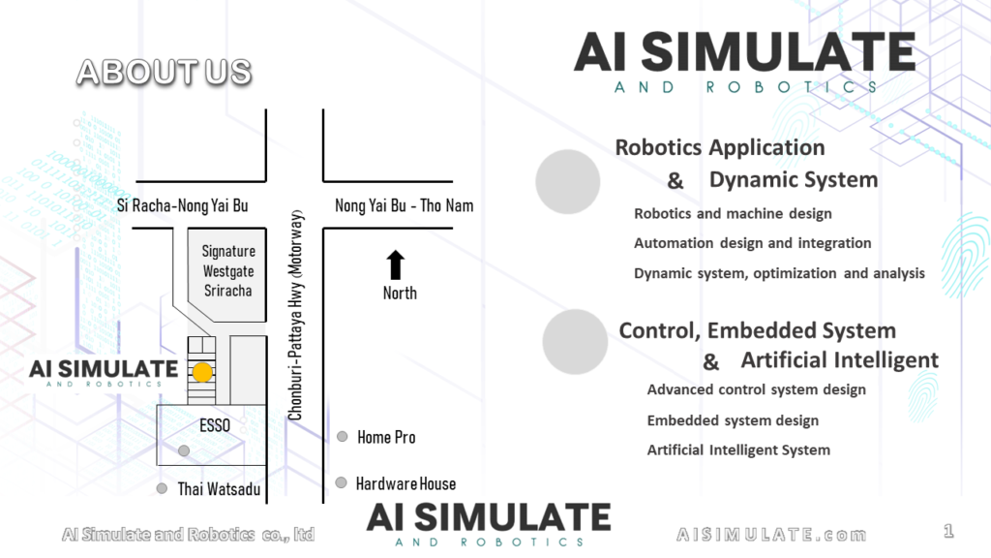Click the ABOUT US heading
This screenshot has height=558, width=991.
(164, 72)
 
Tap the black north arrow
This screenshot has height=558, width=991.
(396, 264)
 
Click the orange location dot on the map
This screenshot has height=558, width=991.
(202, 371)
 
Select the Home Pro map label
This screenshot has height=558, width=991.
(386, 437)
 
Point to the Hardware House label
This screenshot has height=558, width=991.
(405, 483)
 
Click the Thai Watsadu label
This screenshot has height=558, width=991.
(219, 489)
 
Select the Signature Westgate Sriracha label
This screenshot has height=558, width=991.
(227, 271)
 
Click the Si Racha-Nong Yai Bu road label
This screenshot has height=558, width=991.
(182, 205)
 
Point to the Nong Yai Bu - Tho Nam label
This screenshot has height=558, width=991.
(405, 205)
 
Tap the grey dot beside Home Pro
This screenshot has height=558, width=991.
(342, 437)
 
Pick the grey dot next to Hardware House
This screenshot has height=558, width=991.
(341, 482)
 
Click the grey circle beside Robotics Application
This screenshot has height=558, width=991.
(568, 181)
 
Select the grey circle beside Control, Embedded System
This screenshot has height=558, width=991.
(575, 342)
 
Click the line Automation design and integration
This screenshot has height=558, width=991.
(752, 243)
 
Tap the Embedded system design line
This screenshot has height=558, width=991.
(733, 420)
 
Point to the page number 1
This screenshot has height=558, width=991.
(948, 531)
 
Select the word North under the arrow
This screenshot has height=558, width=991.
(400, 294)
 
